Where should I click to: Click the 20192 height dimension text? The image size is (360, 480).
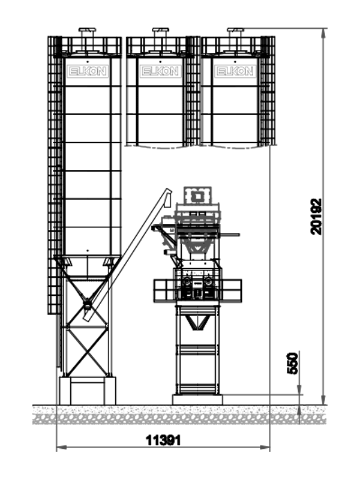(x=316, y=217)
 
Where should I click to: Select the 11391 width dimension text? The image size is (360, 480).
(x=163, y=440)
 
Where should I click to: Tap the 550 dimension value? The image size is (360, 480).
(x=292, y=364)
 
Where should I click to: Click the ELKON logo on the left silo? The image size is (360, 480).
(x=88, y=71)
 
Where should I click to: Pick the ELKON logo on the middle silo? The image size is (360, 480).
(x=160, y=71)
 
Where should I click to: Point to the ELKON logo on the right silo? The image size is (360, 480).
(x=235, y=71)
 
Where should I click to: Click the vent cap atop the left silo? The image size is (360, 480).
(x=87, y=29)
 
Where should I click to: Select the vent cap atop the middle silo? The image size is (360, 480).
(x=160, y=29)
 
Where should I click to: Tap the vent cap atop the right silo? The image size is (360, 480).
(x=235, y=29)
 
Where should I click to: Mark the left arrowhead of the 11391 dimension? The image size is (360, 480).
(x=61, y=447)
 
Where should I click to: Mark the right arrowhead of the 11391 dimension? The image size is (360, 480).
(x=265, y=447)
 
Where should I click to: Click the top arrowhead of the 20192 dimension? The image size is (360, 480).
(x=323, y=33)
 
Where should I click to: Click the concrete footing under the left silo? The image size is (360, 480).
(x=88, y=391)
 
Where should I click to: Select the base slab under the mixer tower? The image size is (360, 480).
(x=197, y=400)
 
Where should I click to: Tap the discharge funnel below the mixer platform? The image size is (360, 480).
(x=197, y=322)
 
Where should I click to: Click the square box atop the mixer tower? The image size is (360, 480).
(x=197, y=196)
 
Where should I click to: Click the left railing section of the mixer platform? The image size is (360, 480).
(x=164, y=290)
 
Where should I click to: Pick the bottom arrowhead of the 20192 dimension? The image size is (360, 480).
(x=323, y=400)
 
